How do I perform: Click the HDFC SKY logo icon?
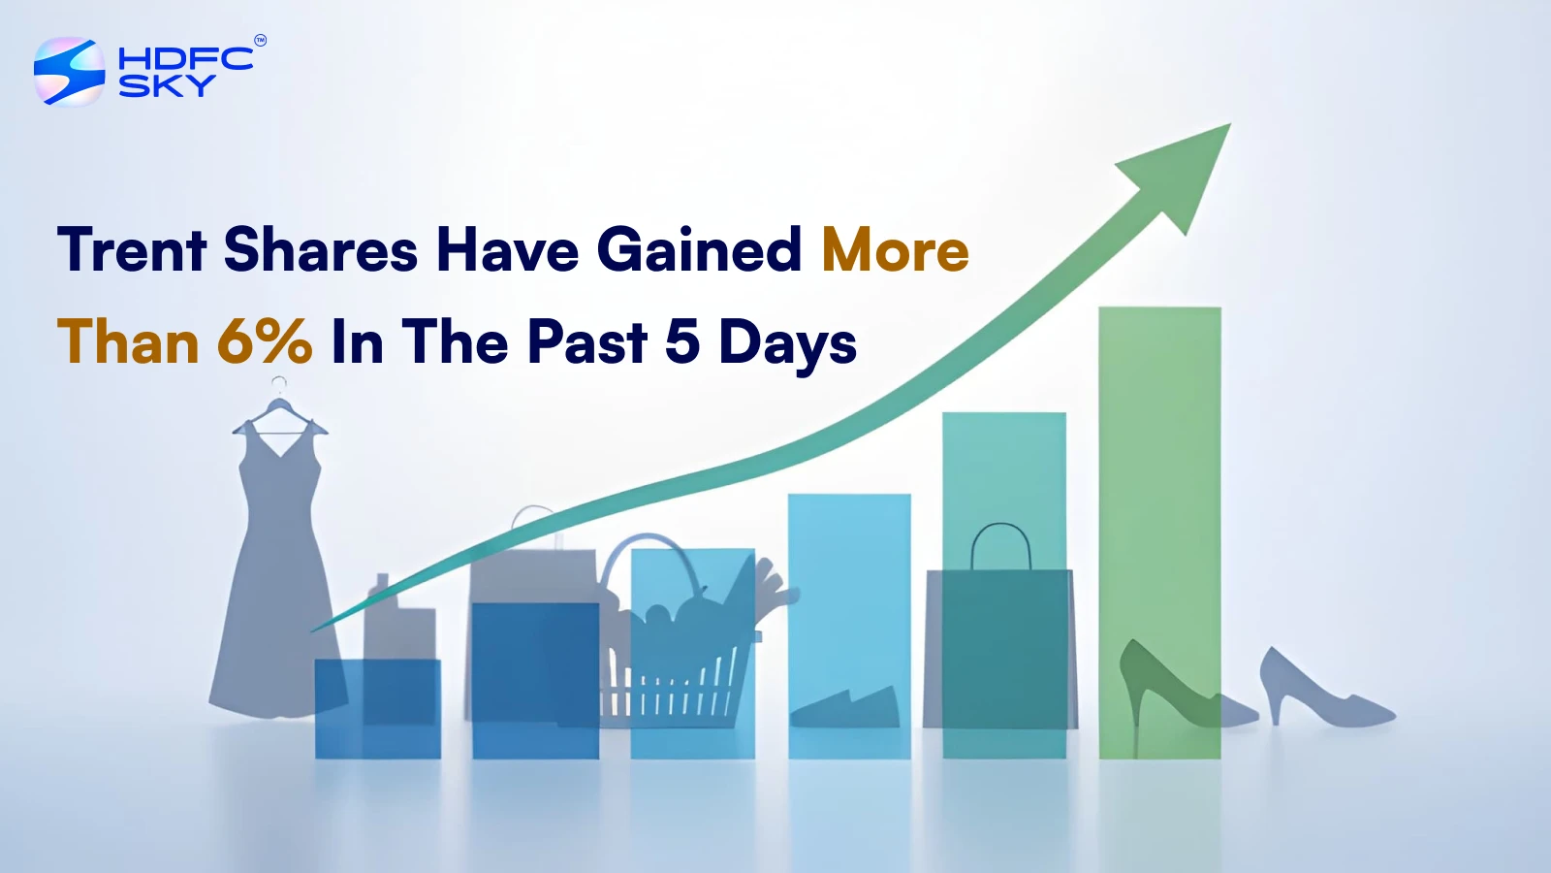(69, 72)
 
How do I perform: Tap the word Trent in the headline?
(132, 249)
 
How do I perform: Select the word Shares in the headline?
(321, 249)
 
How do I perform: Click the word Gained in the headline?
(699, 249)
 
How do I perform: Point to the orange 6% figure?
(265, 341)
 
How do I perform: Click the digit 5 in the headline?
(682, 341)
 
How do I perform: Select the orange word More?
(896, 249)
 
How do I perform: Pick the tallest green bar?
(1159, 533)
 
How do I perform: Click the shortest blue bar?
(378, 709)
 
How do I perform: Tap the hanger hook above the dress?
(279, 385)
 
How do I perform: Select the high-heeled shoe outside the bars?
(1322, 690)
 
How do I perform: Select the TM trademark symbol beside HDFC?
(261, 40)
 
